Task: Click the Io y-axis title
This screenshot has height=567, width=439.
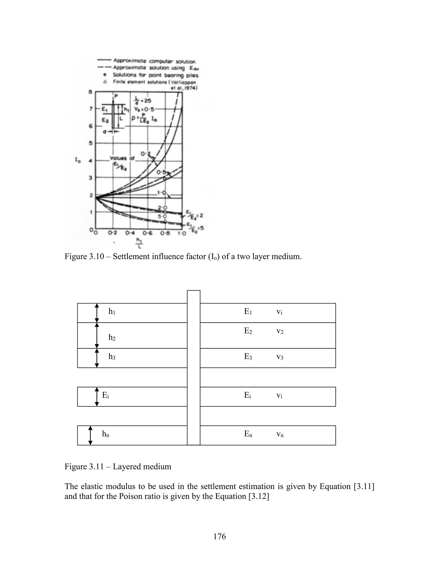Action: click(78, 161)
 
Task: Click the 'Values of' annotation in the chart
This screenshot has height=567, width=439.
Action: click(122, 158)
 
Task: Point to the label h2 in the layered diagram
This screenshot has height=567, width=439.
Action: click(112, 337)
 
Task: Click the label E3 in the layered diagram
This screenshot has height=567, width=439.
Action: click(248, 357)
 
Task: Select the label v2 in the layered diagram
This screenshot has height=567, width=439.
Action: click(280, 331)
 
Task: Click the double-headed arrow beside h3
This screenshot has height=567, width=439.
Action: click(97, 358)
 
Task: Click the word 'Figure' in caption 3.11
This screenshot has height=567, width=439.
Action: click(76, 466)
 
